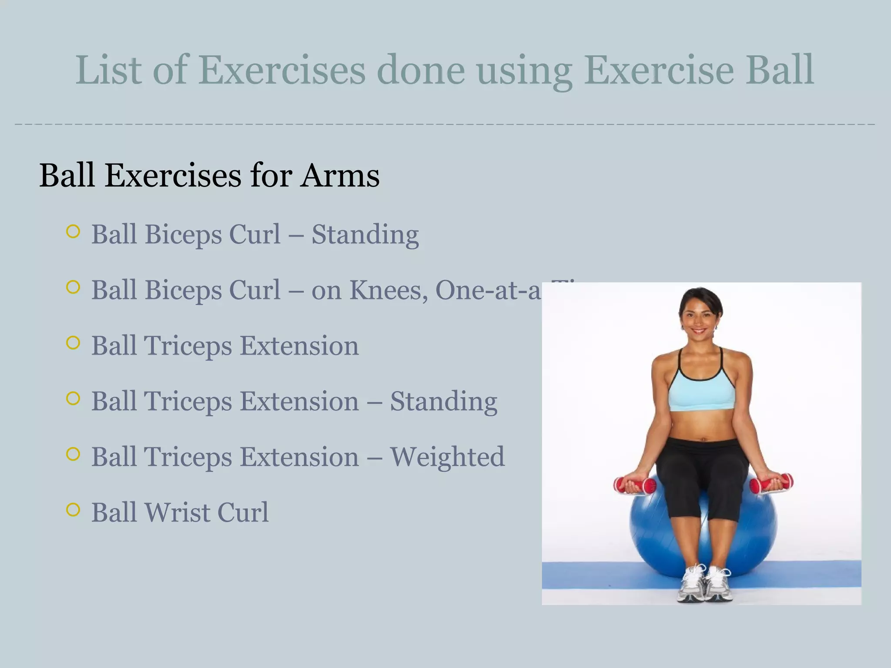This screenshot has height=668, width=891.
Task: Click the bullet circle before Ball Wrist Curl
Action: coord(73,509)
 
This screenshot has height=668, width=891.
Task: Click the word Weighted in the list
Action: coord(447,457)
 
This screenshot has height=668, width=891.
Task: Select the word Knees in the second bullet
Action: coord(389,290)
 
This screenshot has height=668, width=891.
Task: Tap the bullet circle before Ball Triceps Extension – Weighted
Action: coord(73,454)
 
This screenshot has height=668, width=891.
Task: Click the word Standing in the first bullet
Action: coord(365,235)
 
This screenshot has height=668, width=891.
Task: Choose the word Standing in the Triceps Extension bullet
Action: coord(443,401)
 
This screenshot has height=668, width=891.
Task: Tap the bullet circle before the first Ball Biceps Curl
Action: coord(73,231)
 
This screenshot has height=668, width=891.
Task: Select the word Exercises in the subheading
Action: coord(173,176)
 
